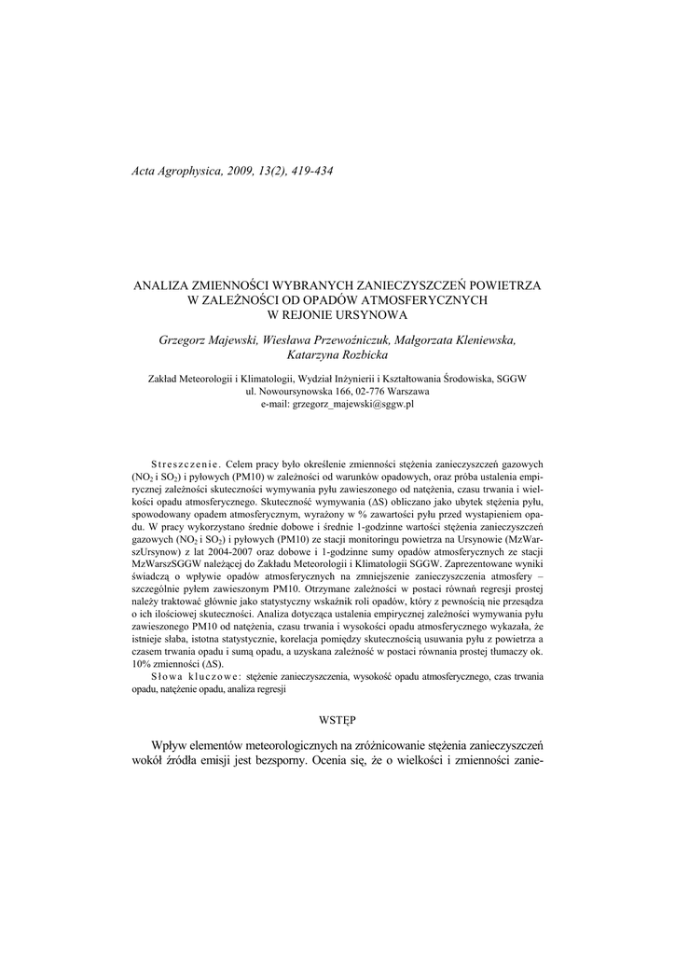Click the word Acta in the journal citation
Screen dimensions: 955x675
pyautogui.click(x=145, y=172)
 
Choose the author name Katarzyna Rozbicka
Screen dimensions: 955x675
pyautogui.click(x=337, y=356)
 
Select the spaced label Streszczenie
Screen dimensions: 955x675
pyautogui.click(x=183, y=464)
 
